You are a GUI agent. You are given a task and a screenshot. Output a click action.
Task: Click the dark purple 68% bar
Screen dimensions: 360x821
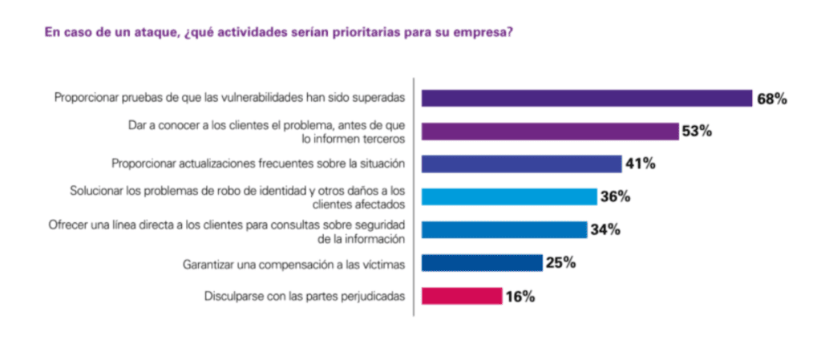tap(586, 98)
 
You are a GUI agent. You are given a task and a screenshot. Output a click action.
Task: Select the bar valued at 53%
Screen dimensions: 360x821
tap(549, 131)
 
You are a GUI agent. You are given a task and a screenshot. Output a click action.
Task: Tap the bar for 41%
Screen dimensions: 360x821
tap(521, 164)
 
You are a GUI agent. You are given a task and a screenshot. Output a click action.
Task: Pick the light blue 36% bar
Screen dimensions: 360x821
tap(509, 196)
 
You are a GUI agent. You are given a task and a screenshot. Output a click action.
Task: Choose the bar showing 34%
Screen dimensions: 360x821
tap(504, 229)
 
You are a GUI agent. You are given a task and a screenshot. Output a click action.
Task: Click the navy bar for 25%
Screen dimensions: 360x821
tap(482, 262)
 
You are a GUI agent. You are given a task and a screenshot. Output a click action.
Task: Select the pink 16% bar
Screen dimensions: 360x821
tap(462, 296)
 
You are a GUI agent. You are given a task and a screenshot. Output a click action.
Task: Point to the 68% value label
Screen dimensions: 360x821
tap(772, 99)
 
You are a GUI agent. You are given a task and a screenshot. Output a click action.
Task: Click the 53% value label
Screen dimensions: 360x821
tap(697, 131)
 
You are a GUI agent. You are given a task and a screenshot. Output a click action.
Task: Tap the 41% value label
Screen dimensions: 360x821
tap(641, 164)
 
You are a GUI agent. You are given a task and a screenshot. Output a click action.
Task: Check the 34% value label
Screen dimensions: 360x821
tap(605, 230)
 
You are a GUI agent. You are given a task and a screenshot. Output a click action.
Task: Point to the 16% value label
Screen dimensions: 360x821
tap(520, 297)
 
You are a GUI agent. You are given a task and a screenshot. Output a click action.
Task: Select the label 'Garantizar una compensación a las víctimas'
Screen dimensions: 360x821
tap(293, 263)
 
